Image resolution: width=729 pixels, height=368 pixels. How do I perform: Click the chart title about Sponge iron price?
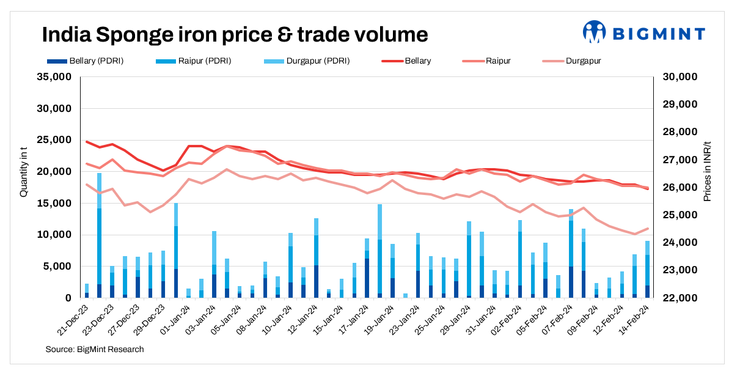(x=235, y=34)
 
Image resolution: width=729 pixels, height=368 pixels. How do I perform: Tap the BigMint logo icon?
(x=593, y=32)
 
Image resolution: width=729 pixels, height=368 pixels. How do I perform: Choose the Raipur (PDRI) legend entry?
(x=196, y=61)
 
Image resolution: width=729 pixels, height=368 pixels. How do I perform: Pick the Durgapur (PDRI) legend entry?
(x=308, y=61)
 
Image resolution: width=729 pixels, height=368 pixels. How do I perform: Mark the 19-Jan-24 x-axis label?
(x=379, y=318)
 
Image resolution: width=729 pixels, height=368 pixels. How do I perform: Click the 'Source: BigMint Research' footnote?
(x=95, y=349)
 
